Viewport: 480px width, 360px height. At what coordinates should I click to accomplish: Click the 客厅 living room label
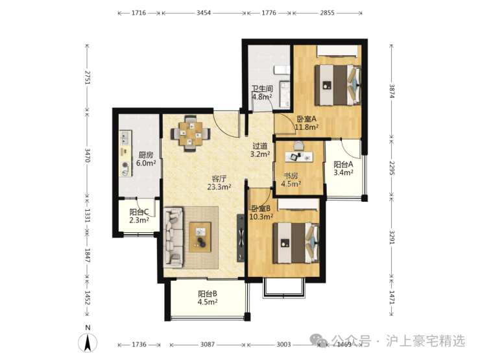(x=219, y=179)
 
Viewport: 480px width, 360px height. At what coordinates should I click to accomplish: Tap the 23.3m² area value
(x=219, y=187)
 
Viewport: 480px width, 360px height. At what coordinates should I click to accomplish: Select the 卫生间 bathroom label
(x=262, y=89)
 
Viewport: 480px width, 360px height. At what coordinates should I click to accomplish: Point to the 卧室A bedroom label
(x=306, y=119)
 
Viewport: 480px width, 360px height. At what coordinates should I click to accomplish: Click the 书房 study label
(x=291, y=176)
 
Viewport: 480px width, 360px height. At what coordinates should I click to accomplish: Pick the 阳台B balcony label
(x=208, y=294)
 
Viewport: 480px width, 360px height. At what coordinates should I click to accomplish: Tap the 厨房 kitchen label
(x=146, y=155)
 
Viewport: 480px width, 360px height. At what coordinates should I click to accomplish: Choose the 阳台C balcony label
(x=139, y=212)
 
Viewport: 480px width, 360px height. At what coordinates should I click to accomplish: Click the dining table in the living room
(x=191, y=134)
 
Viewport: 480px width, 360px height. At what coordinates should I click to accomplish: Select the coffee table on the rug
(x=200, y=237)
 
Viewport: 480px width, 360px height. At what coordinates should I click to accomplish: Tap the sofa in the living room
(x=173, y=237)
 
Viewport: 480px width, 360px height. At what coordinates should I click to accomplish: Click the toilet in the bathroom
(x=282, y=70)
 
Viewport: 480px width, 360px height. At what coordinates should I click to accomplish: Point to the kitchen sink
(x=125, y=138)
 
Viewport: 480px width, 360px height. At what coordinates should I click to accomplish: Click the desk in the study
(x=299, y=157)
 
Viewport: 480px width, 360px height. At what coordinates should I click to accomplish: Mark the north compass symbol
(x=88, y=342)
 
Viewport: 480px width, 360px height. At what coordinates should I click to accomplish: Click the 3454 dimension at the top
(x=204, y=13)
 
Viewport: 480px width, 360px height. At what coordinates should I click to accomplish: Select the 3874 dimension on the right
(x=392, y=91)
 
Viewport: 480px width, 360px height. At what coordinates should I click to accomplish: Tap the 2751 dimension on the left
(x=88, y=78)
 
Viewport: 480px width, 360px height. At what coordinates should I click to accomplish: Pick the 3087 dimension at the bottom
(x=208, y=344)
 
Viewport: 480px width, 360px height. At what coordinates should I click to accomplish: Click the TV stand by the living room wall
(x=241, y=238)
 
